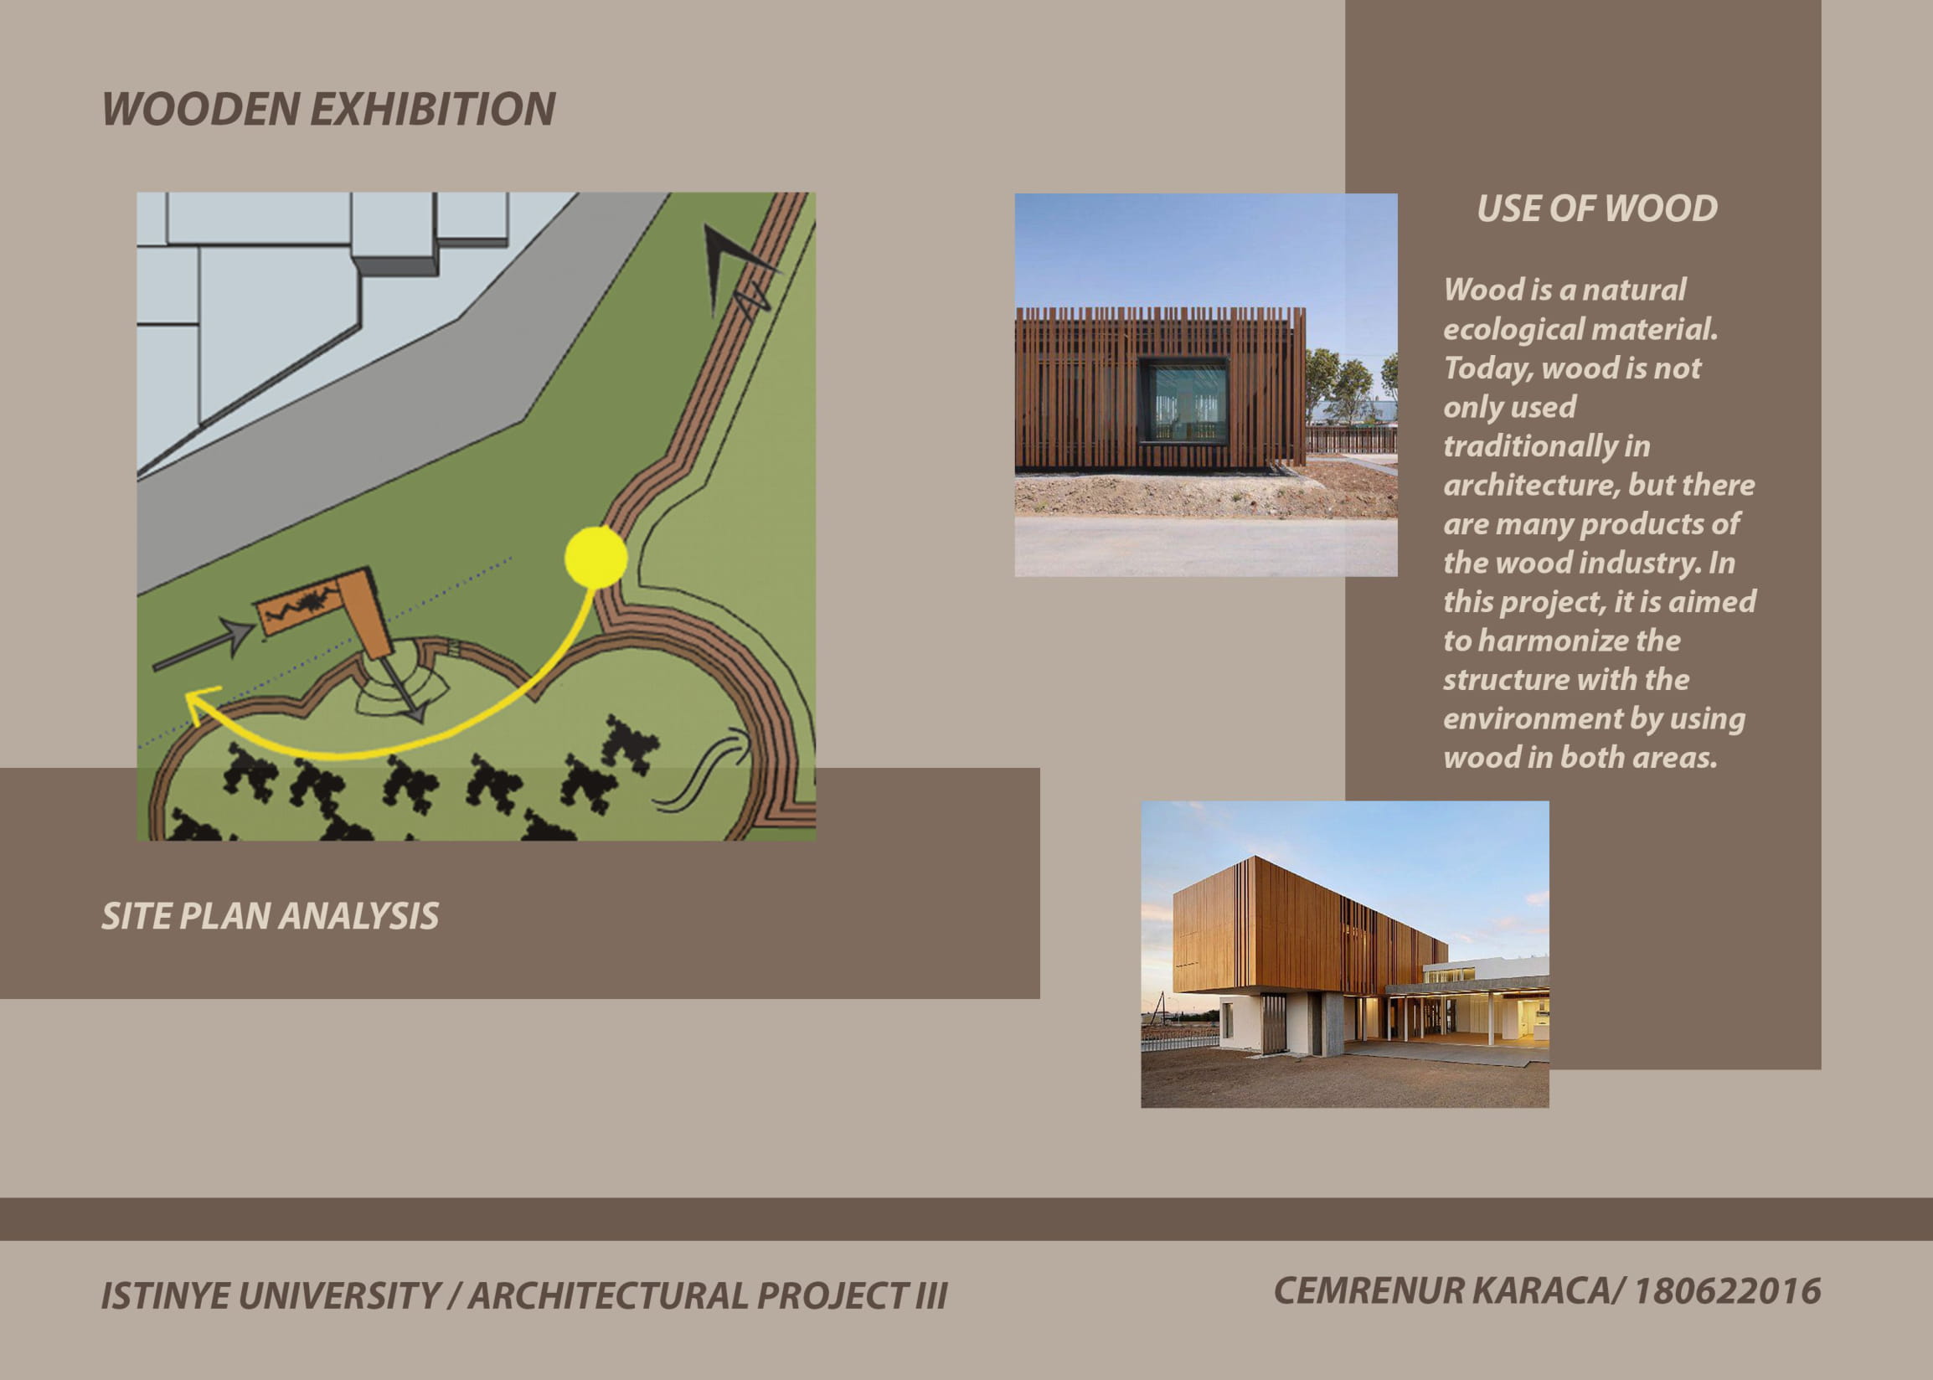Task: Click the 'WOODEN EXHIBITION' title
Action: (329, 110)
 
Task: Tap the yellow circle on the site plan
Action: (595, 558)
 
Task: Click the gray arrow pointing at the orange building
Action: (203, 644)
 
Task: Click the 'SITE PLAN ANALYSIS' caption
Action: (271, 916)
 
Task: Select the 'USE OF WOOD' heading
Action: (1597, 209)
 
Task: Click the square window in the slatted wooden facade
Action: (1183, 401)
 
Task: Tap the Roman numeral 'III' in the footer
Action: (930, 1296)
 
